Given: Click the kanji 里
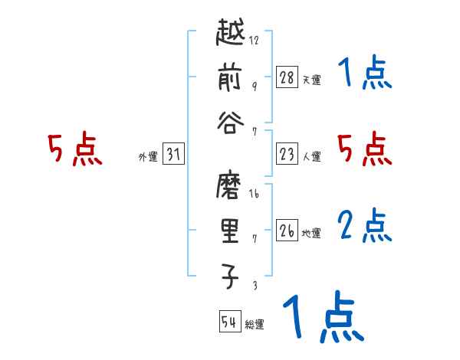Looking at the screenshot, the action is pos(230,234).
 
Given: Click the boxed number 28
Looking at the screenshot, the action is pos(287,77).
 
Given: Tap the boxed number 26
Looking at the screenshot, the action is pos(287,231).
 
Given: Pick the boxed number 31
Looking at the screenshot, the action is pos(173,155).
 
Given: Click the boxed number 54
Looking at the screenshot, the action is pos(229,322).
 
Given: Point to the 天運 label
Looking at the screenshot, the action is pos(310,80).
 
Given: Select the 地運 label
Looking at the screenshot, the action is pos(310,233).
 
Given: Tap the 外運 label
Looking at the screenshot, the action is pos(147,157).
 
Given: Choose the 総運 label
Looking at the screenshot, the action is pos(254,324).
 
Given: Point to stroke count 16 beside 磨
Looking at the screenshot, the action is pos(254,195).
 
